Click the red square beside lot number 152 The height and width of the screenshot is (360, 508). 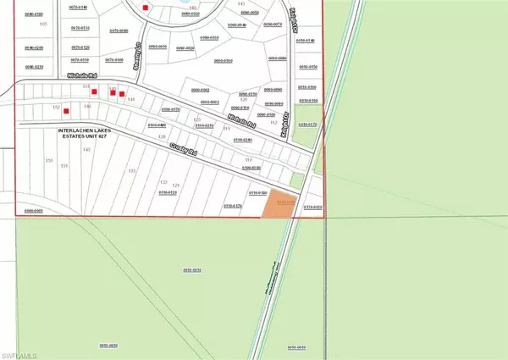pyautogui.click(x=65, y=110)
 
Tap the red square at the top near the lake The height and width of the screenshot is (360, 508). pyautogui.click(x=146, y=8)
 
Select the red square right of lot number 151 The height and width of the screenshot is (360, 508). pyautogui.click(x=94, y=91)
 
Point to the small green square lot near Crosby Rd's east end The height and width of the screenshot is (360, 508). pyautogui.click(x=294, y=180)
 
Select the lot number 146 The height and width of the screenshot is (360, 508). pyautogui.click(x=87, y=107)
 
